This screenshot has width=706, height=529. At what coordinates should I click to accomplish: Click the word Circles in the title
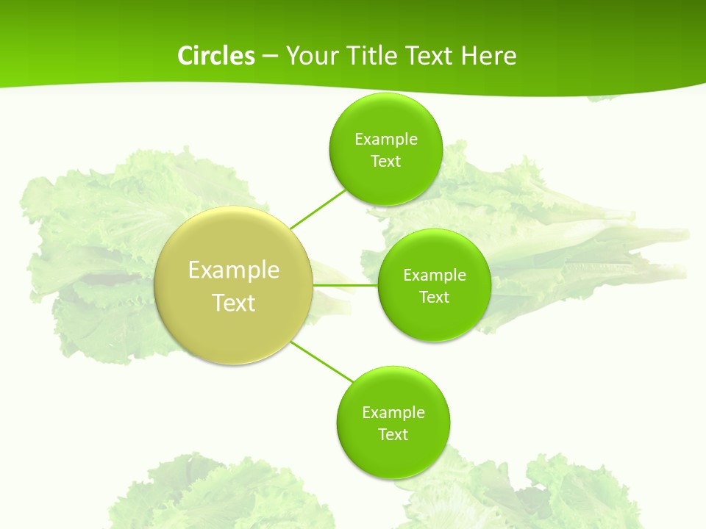[x=215, y=56]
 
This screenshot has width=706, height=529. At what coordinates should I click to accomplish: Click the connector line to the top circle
[x=318, y=209]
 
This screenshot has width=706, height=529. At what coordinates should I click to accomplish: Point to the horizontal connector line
[x=346, y=285]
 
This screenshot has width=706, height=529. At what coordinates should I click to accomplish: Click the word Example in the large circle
[x=234, y=270]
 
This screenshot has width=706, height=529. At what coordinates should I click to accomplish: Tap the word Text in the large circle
[x=234, y=303]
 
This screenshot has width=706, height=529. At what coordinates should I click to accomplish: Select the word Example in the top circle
[x=385, y=140]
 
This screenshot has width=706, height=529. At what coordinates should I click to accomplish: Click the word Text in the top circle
[x=385, y=162]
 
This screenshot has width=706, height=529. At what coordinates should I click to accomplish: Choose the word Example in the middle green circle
[x=435, y=276]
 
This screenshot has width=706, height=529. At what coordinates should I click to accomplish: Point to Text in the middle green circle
[x=435, y=298]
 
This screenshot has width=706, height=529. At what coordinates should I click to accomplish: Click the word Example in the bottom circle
[x=393, y=413]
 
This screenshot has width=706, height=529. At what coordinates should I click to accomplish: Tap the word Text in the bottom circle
[x=393, y=435]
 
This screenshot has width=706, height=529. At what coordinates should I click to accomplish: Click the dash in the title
[x=270, y=57]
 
